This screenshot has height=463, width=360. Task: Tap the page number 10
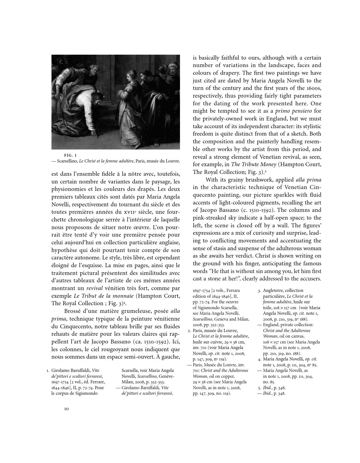[x=66, y=409]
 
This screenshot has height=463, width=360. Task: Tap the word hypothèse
[x=64, y=250]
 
